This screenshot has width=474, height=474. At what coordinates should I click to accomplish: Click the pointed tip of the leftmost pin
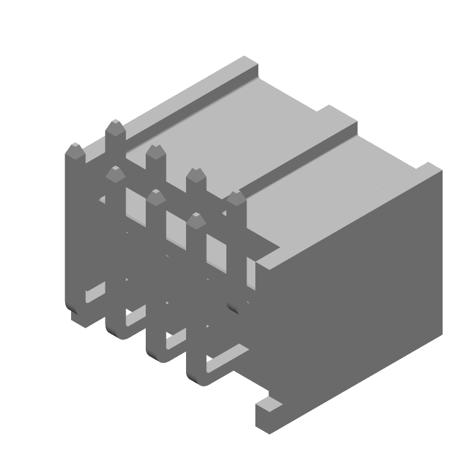(75, 150)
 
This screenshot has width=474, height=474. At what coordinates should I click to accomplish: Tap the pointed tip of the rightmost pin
(236, 198)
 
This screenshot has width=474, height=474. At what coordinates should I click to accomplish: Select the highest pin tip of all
(114, 128)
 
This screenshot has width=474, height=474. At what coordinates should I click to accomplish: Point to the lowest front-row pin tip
(196, 222)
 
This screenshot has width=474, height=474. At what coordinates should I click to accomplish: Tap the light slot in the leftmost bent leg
(95, 294)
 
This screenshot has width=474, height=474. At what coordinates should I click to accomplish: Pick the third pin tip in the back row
(196, 175)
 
